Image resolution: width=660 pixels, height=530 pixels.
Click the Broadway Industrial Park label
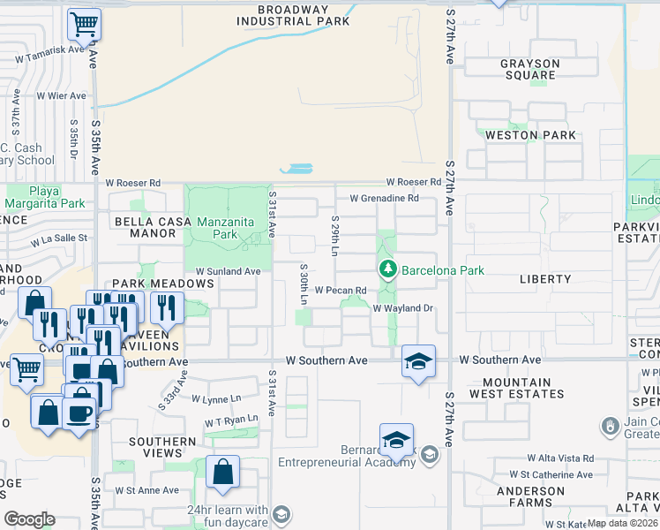292,16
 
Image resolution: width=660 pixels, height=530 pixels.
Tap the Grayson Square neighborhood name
529,69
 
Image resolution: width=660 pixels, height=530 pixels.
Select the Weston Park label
530,135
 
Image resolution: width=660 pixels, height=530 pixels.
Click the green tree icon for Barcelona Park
386,269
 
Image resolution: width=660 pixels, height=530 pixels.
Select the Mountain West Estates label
511,388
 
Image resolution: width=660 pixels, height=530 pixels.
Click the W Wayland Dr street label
403,308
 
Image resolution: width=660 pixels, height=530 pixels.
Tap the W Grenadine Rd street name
384,199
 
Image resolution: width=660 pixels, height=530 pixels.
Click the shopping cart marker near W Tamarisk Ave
84,24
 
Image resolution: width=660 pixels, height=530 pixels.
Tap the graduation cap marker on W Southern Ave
418,360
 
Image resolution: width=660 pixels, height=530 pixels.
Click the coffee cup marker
79,413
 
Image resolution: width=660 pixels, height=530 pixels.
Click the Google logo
29,519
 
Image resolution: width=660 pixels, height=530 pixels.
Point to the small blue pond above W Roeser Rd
296,168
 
